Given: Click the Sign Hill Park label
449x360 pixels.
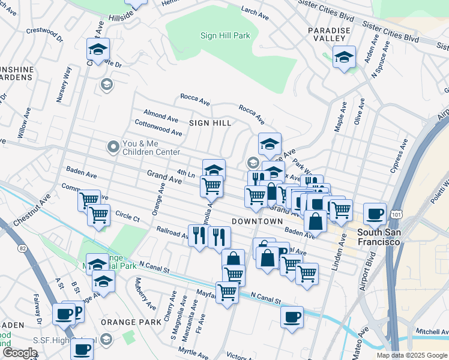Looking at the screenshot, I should (x=225, y=36).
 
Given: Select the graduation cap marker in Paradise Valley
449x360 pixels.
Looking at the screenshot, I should (x=344, y=57).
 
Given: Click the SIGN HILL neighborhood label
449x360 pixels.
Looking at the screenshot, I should (x=210, y=122).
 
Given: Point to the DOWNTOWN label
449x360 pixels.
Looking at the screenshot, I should (x=257, y=221).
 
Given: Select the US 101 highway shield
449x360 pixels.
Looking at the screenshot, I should (x=396, y=214).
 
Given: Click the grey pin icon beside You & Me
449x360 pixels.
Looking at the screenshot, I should (x=112, y=146).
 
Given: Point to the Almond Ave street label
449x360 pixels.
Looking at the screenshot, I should (x=160, y=115).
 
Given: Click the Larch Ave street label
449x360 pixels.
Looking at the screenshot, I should (x=253, y=11).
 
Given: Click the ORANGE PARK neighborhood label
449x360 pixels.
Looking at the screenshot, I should (x=127, y=322).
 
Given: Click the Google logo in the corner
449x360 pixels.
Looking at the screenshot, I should (x=20, y=353).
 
